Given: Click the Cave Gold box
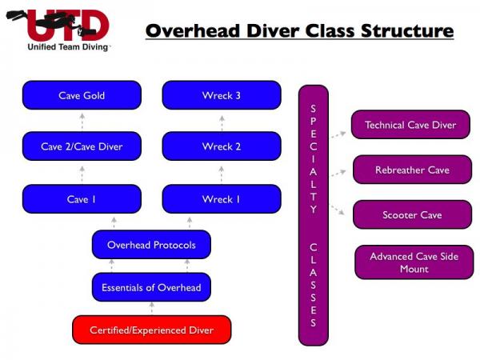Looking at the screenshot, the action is click(82, 95).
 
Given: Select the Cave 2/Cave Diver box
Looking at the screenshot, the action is click(82, 146).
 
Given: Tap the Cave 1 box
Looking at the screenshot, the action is click(82, 199).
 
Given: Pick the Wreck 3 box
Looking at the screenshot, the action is click(222, 95).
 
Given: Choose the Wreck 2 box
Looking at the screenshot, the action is click(222, 146).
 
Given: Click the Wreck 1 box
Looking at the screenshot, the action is click(222, 199).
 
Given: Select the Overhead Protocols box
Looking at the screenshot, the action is click(151, 245).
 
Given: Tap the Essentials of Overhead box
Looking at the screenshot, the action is click(151, 287).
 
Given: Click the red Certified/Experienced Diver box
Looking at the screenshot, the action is click(152, 330).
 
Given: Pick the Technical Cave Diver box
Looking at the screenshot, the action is click(410, 125).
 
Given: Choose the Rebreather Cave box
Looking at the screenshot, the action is click(412, 170).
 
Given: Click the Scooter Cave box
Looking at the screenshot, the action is click(412, 214).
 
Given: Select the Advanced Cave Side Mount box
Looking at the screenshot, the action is click(414, 262).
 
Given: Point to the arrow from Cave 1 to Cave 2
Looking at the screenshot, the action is click(82, 174).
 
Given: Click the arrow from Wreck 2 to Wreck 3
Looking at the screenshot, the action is click(222, 122).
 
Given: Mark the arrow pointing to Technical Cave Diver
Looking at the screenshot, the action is click(338, 134).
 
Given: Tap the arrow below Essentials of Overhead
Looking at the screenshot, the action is click(151, 308).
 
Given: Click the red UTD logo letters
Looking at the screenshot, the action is click(68, 25).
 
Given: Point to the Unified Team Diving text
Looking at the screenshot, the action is click(68, 47).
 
